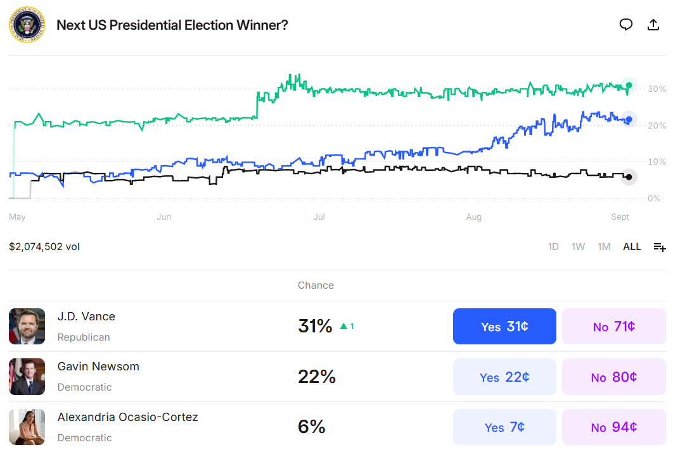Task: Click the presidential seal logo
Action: (27, 25)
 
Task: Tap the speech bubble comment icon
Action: (626, 25)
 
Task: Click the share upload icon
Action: (653, 25)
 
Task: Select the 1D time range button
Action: (553, 247)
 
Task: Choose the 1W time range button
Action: (578, 247)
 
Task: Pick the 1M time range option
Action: (604, 247)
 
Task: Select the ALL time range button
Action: (632, 247)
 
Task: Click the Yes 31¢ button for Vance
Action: (504, 327)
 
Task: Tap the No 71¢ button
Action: (613, 327)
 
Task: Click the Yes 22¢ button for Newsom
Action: (504, 377)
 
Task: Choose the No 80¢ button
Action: (613, 377)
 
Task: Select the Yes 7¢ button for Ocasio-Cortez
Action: (504, 427)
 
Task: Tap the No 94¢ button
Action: (613, 427)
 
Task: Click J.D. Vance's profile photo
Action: (27, 327)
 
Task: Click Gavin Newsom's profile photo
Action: (27, 377)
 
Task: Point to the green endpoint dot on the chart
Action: (629, 85)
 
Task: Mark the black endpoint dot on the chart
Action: (628, 177)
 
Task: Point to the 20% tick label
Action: (657, 125)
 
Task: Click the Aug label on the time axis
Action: (473, 217)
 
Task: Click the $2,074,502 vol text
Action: (44, 247)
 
